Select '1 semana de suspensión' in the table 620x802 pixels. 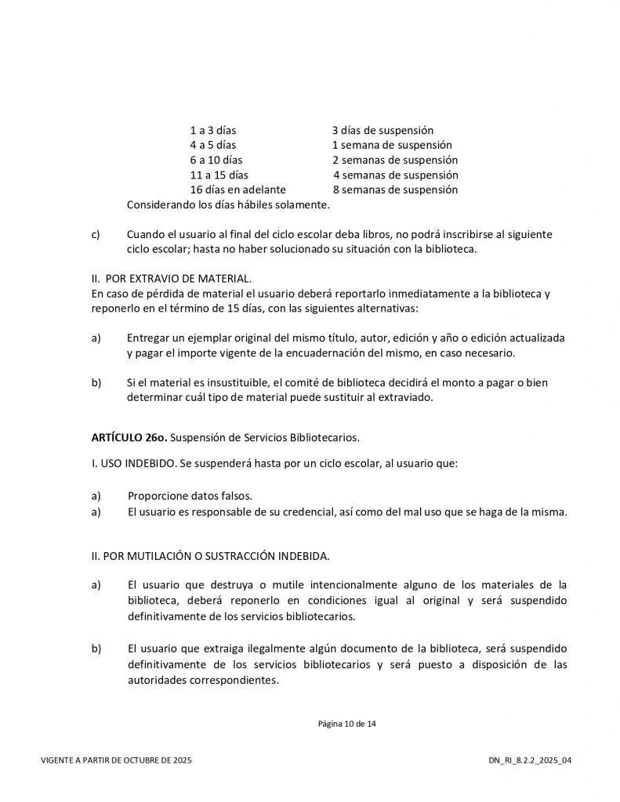392,145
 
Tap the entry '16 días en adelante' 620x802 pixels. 237,190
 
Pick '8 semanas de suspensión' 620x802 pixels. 395,190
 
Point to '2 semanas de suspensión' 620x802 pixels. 395,160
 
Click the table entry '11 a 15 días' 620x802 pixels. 219,175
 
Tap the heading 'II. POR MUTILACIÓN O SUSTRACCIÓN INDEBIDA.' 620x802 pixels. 210,556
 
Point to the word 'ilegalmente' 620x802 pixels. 294,649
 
